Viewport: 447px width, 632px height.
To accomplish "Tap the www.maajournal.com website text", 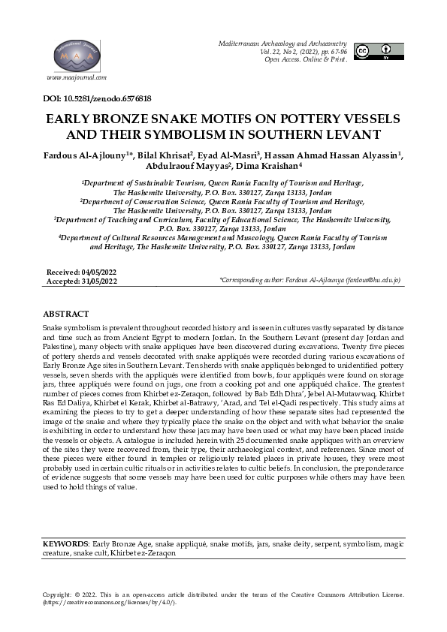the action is tap(76, 77).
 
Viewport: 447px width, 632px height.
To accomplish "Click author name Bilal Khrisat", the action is tap(163, 155).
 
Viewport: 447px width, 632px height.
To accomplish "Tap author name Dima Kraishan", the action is tap(268, 167).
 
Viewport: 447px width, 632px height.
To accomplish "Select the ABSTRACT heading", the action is tap(66, 313).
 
